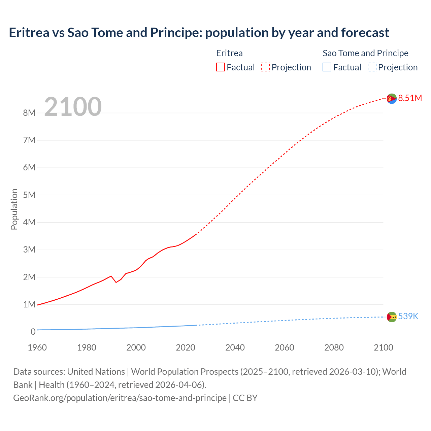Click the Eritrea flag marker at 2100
[x=392, y=99]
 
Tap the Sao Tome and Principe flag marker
[x=392, y=317]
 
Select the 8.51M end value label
[x=410, y=98]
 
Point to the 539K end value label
[x=408, y=316]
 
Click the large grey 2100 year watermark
[x=73, y=107]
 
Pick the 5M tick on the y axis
[x=29, y=195]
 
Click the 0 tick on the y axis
[x=33, y=332]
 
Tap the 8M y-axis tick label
[x=29, y=113]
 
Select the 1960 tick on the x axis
[x=37, y=347]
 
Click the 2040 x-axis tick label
[x=235, y=347]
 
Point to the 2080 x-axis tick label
[x=334, y=347]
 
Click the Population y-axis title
[x=14, y=209]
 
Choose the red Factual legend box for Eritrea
[x=221, y=67]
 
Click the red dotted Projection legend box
[x=265, y=67]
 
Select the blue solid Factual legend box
[x=327, y=67]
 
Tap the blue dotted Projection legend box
[x=372, y=67]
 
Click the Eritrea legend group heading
[x=229, y=53]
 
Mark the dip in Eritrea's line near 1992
[x=116, y=282]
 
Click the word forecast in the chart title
[x=365, y=33]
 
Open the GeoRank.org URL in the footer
[x=120, y=398]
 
